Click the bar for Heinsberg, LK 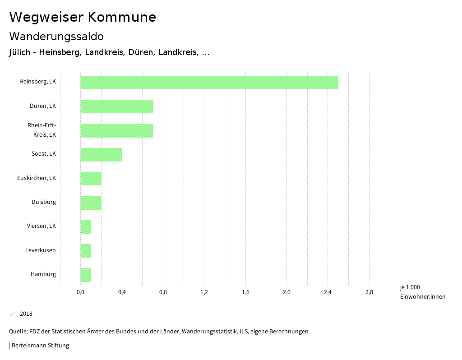(209, 83)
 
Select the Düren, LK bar (117, 106)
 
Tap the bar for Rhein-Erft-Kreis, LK (117, 131)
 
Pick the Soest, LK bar (101, 155)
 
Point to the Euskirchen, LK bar (91, 179)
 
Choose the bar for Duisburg (91, 203)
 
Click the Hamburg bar (86, 275)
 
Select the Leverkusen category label (41, 250)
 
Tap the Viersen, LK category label (42, 226)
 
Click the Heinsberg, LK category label (38, 82)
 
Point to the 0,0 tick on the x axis (81, 292)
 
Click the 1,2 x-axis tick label (204, 292)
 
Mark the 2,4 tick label (328, 292)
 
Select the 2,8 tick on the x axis (369, 292)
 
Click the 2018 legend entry (26, 314)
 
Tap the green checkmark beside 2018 (12, 314)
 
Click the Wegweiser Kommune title (83, 17)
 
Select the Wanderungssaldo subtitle (56, 36)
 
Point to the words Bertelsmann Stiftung (40, 346)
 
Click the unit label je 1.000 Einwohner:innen (422, 292)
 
